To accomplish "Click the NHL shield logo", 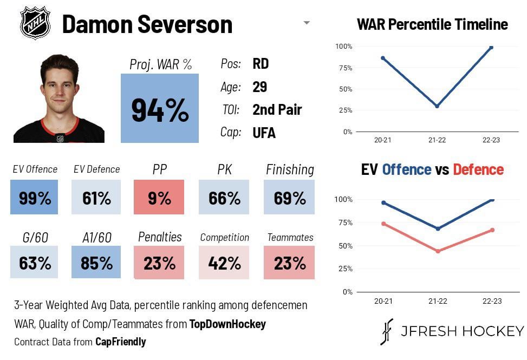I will [35, 23].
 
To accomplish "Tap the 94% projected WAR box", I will [160, 108].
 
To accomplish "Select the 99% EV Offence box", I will [35, 198].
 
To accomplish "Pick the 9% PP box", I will [159, 198].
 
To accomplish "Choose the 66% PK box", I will [224, 198].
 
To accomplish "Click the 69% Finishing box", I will [289, 198].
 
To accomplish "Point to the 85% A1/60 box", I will [96, 263].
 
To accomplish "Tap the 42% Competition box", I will [224, 263].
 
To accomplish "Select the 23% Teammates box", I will [289, 263].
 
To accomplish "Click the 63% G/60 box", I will [35, 263].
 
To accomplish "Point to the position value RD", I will [261, 64].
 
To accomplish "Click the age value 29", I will [260, 87].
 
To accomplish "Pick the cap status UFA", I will [264, 133].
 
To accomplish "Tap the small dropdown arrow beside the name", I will [307, 23].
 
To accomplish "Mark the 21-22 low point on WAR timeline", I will [437, 106].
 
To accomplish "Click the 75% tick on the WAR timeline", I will [344, 68].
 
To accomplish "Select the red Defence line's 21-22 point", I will [438, 251].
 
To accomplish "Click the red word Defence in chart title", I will [478, 169].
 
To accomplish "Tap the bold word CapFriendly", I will [120, 342].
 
